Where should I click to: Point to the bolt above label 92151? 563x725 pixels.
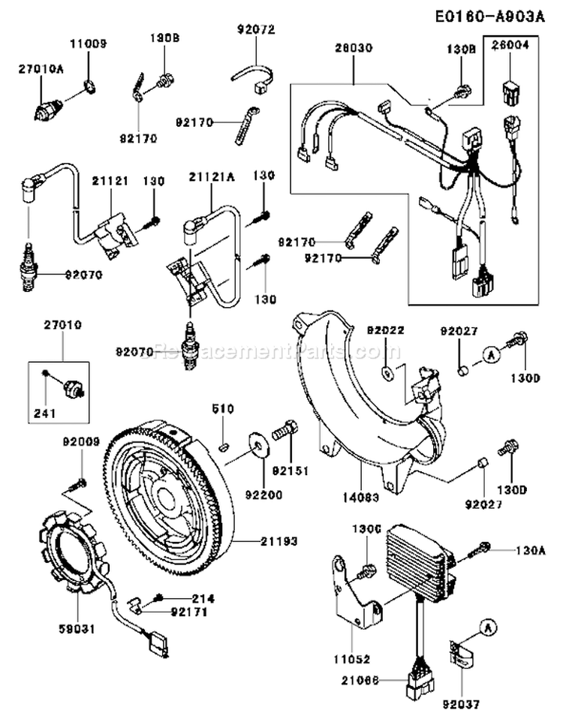pos(285,431)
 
